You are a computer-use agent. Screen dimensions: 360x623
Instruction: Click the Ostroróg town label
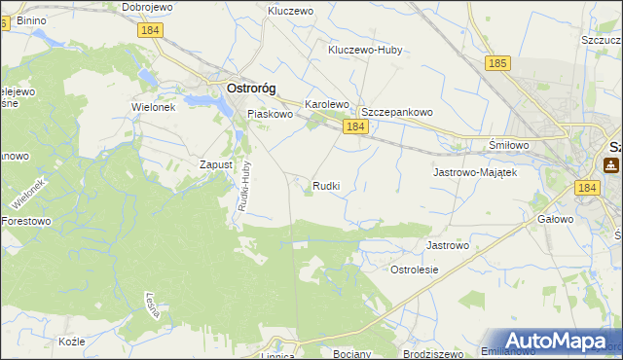pyautogui.click(x=250, y=88)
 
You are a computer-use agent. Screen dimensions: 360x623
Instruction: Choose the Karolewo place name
pyautogui.click(x=326, y=104)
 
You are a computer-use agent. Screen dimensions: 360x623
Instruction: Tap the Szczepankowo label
pyautogui.click(x=397, y=112)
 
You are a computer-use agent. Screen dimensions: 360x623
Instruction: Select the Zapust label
pyautogui.click(x=215, y=164)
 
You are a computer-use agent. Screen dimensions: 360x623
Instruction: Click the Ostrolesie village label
pyautogui.click(x=414, y=269)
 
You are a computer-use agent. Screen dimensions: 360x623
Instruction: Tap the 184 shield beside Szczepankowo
pyautogui.click(x=354, y=127)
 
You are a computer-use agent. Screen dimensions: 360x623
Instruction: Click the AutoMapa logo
pyautogui.click(x=556, y=341)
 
